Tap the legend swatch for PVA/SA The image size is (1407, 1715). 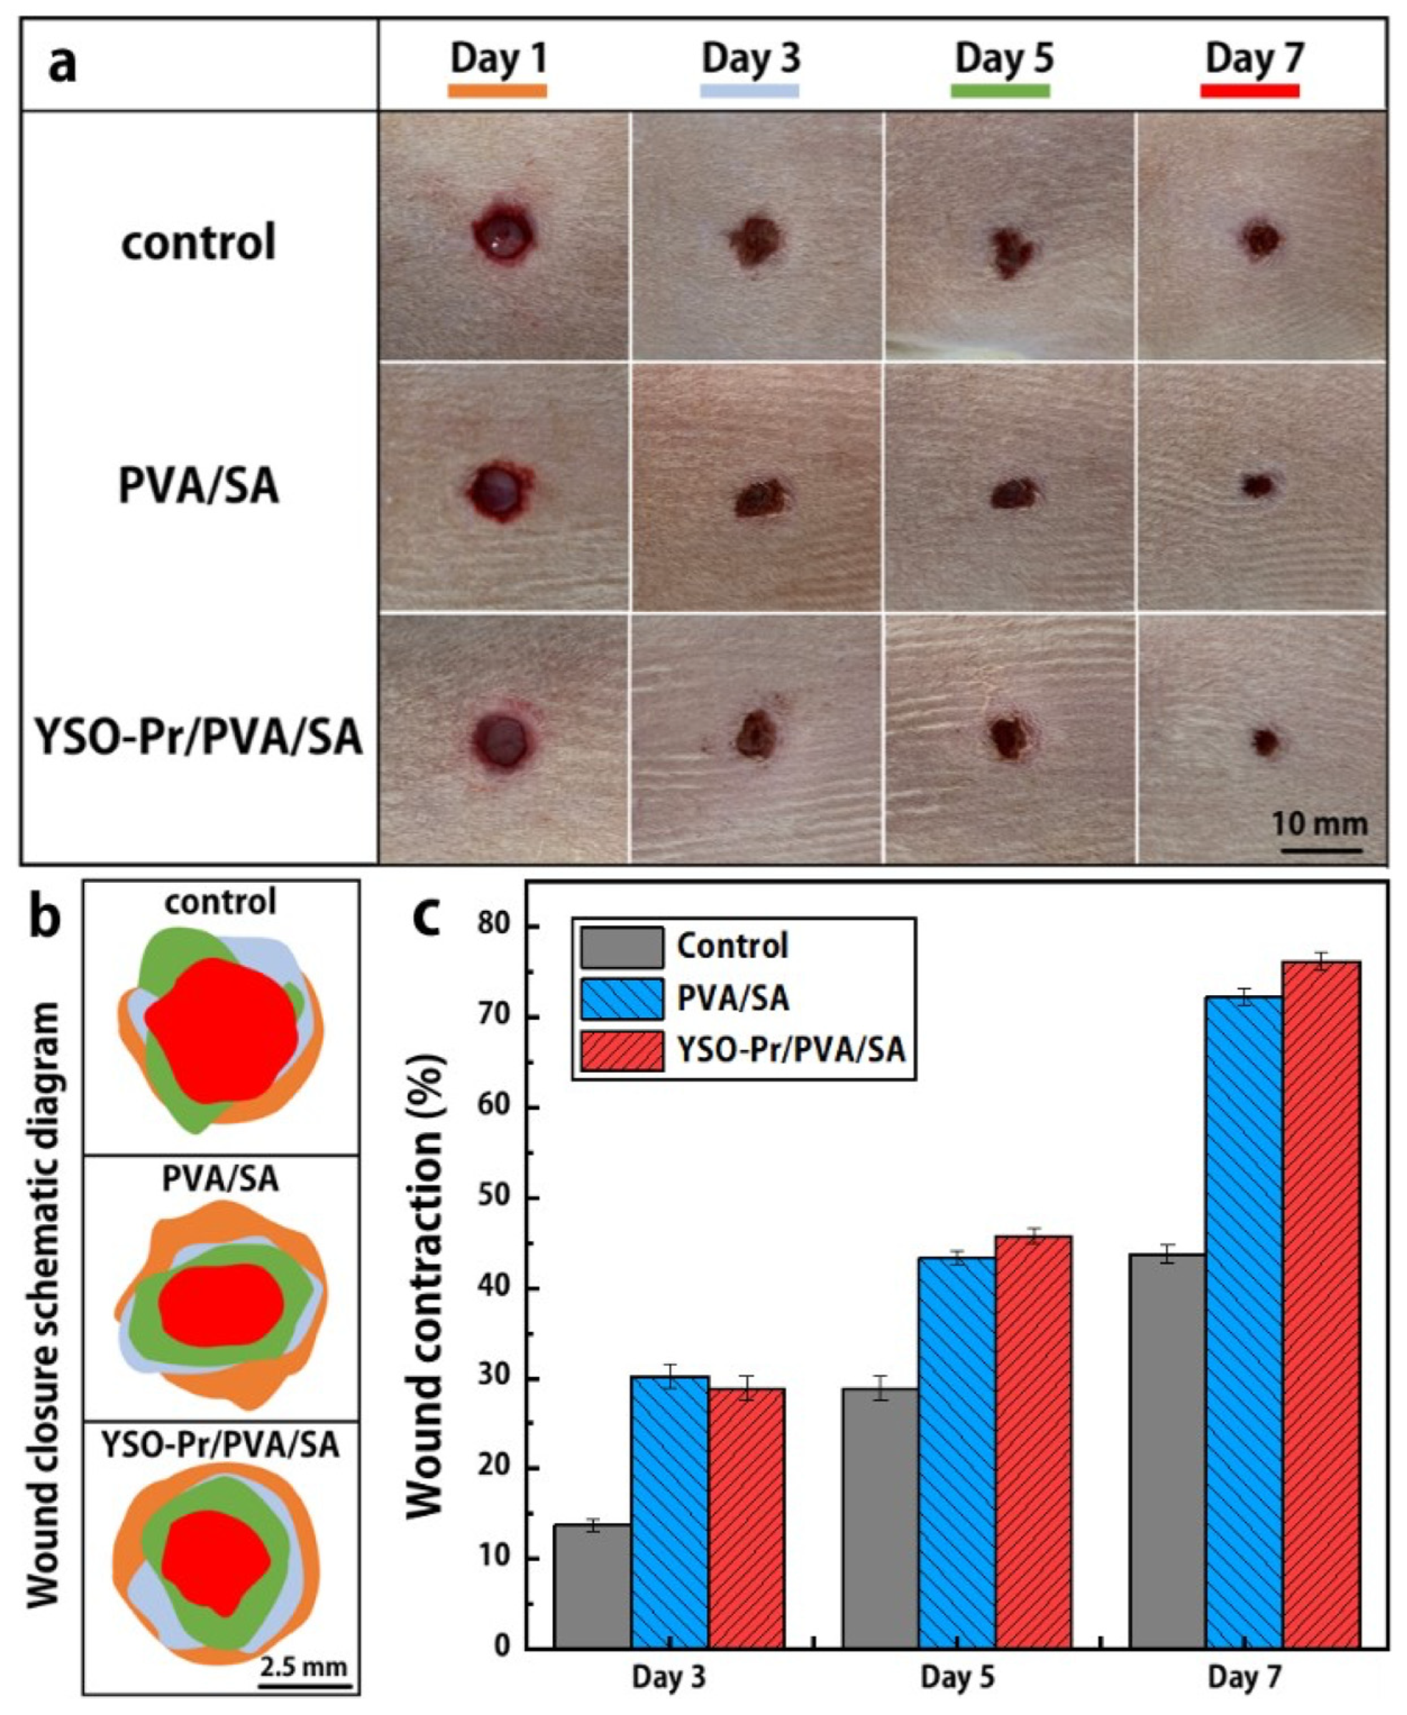621,997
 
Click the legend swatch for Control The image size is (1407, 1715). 621,946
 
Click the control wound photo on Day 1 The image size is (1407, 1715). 504,235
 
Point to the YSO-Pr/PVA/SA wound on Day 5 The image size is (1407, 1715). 1009,737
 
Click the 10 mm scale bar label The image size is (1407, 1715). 1318,824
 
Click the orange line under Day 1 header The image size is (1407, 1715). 498,91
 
